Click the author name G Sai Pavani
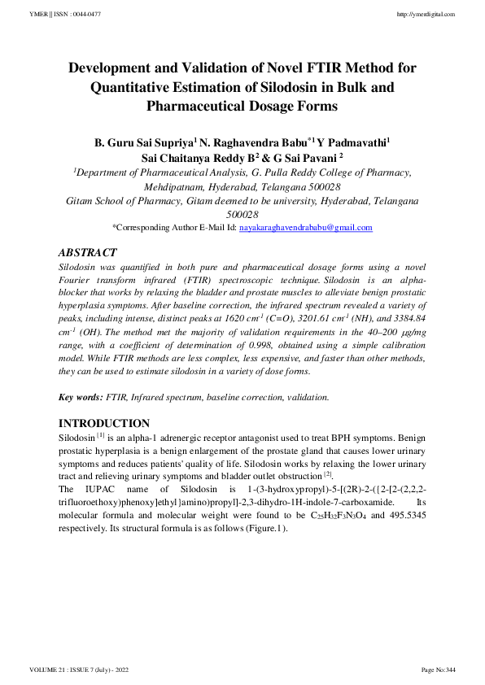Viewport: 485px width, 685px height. [301, 158]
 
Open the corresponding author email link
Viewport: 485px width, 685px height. [305, 228]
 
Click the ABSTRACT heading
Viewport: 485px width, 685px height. [89, 253]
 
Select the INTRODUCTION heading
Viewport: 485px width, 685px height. [104, 423]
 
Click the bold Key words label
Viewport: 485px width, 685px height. [81, 397]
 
